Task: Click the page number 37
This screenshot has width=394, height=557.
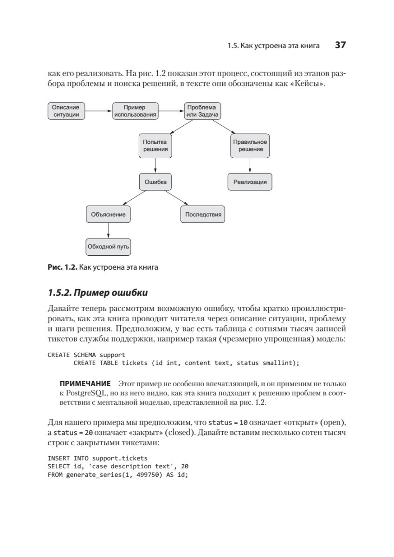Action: [340, 45]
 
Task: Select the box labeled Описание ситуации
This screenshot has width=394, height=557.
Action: [66, 110]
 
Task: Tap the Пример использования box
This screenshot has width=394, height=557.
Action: [135, 110]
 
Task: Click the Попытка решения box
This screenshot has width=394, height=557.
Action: [155, 146]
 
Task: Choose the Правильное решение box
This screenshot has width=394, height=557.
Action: [251, 146]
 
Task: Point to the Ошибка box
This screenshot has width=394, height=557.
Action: [155, 182]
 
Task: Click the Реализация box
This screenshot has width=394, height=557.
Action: [250, 182]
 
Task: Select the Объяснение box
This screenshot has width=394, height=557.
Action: [109, 214]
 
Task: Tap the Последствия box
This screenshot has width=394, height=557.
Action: [202, 214]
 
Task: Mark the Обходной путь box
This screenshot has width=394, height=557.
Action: [109, 246]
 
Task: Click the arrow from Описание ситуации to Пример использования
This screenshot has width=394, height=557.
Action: [99, 111]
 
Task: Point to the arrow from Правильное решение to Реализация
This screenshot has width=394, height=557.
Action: [250, 165]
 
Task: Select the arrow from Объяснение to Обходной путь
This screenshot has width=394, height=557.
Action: [109, 230]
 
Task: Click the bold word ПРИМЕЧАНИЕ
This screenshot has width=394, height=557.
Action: [84, 384]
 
